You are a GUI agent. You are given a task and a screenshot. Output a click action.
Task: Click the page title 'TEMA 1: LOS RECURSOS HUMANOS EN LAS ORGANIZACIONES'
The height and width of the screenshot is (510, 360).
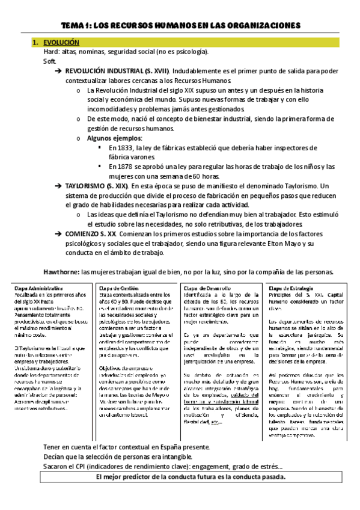(180, 25)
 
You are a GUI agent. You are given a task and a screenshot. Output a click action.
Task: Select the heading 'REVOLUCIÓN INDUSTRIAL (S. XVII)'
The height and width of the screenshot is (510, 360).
(117, 70)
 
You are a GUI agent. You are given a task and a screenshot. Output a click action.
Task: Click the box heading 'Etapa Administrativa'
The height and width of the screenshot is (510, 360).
(37, 288)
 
